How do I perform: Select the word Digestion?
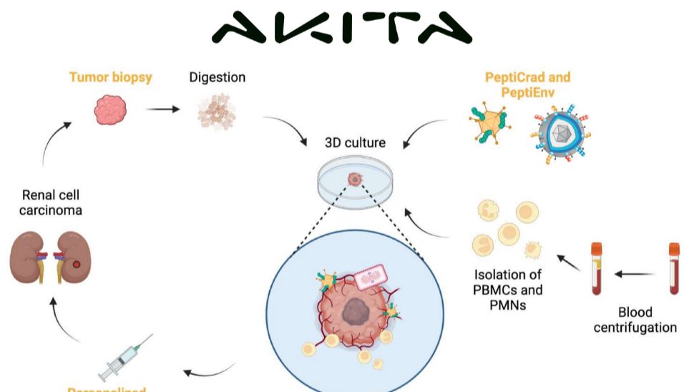[x=217, y=77]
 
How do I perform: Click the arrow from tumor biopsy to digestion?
[x=162, y=109]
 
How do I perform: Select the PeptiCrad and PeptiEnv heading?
[x=527, y=84]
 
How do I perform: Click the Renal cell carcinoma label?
[x=52, y=203]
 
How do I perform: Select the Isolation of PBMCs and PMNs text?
[x=508, y=290]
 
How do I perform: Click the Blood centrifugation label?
[x=635, y=320]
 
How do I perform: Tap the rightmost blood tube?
[x=673, y=268]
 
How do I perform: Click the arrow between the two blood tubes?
[x=635, y=273]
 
